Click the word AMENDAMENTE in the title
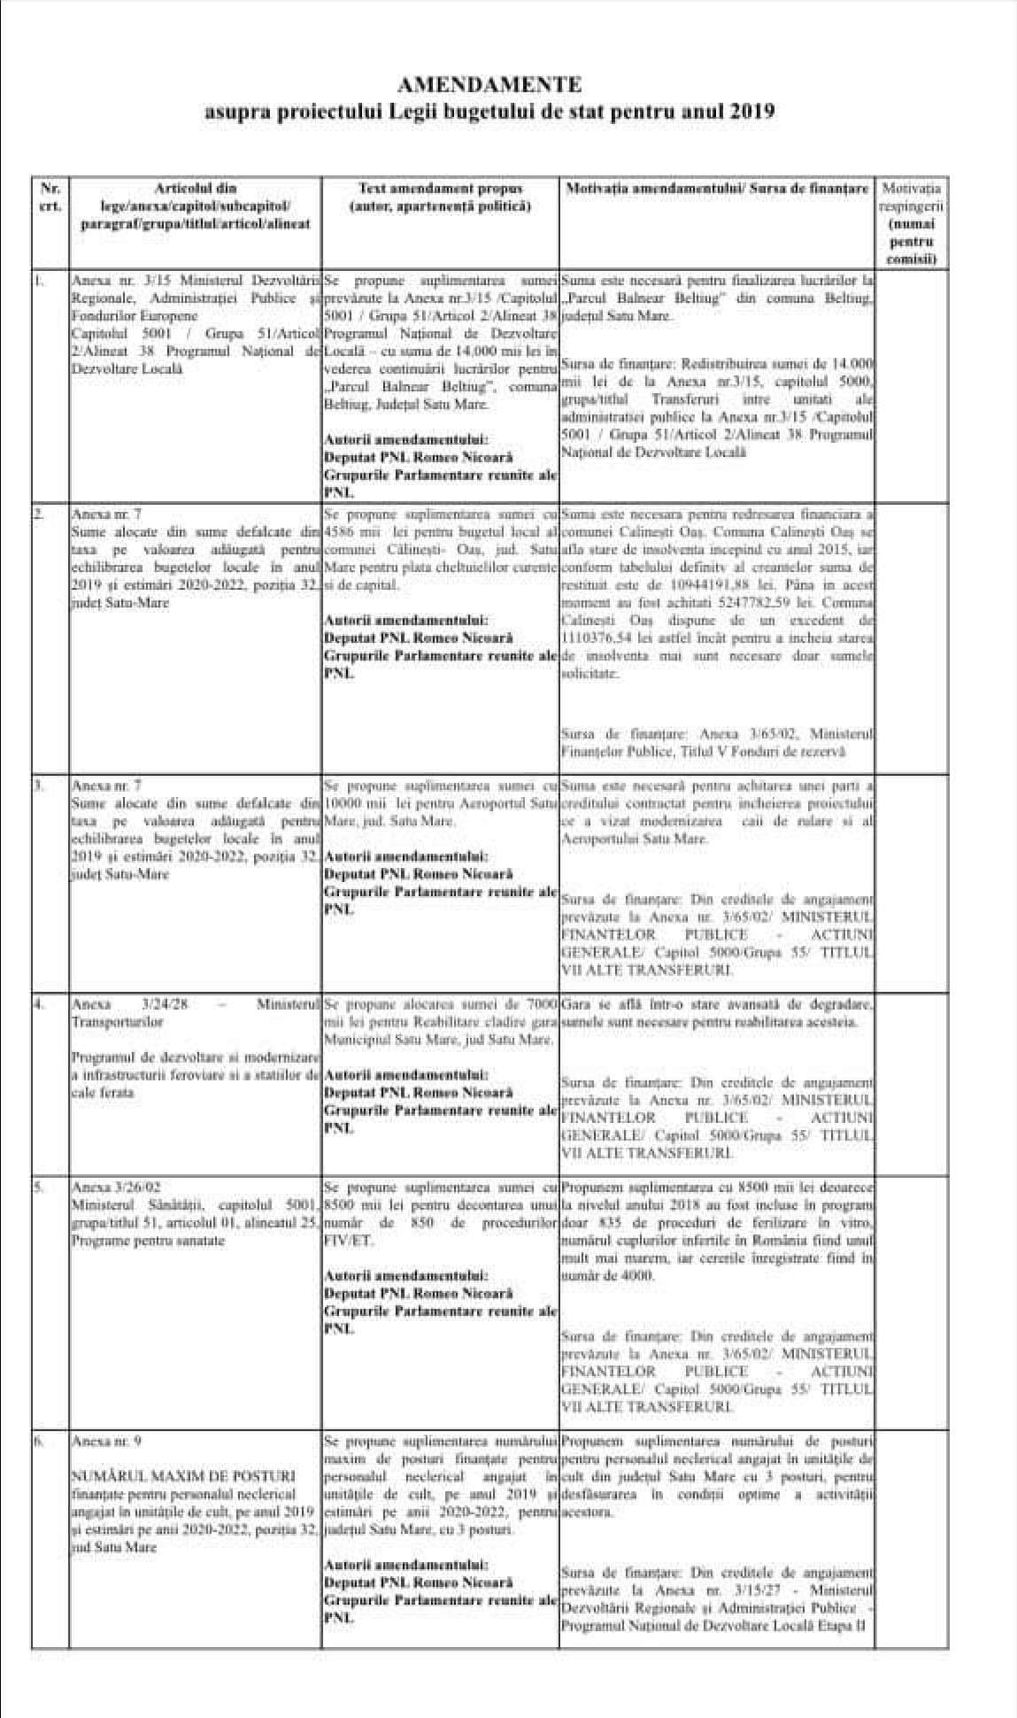click(489, 86)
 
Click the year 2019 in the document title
click(752, 112)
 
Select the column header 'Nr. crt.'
click(50, 197)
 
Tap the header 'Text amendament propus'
click(440, 189)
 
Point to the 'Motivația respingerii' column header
click(911, 197)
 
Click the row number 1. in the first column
click(38, 281)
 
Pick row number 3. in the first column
click(38, 785)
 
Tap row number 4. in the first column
click(38, 1005)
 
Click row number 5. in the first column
click(38, 1188)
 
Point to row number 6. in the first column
click(38, 1442)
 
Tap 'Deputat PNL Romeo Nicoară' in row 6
click(418, 1583)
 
